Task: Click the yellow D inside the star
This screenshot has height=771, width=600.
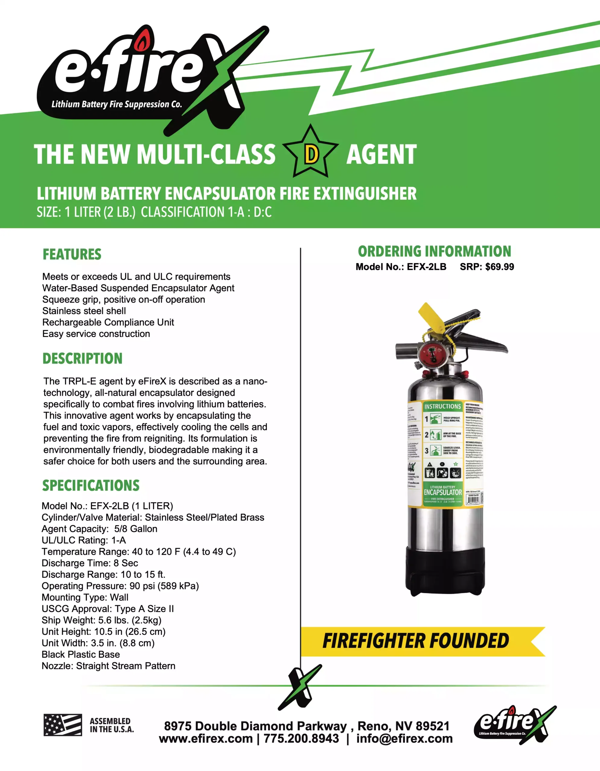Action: pyautogui.click(x=311, y=154)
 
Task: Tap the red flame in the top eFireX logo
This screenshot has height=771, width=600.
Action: pyautogui.click(x=142, y=41)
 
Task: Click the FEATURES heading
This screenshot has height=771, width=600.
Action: pyautogui.click(x=72, y=254)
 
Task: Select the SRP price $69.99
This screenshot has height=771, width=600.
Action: pyautogui.click(x=499, y=267)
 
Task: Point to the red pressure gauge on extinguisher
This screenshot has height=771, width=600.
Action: pyautogui.click(x=431, y=354)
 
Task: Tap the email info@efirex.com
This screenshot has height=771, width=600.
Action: pyautogui.click(x=404, y=739)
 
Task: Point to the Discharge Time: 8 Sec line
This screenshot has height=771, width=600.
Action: pyautogui.click(x=90, y=563)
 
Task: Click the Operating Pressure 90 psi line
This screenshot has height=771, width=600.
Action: pyautogui.click(x=120, y=586)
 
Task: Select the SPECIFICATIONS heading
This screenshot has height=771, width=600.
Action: pyautogui.click(x=91, y=486)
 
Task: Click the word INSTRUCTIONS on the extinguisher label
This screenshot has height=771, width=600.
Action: pyautogui.click(x=442, y=406)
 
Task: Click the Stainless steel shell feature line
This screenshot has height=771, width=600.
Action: pyautogui.click(x=84, y=311)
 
